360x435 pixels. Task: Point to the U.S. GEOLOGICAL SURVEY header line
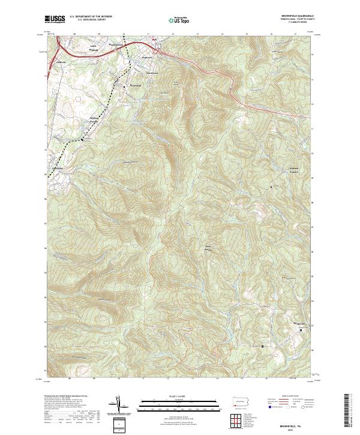pos(88,20)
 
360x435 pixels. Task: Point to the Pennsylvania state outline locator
pos(238,401)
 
